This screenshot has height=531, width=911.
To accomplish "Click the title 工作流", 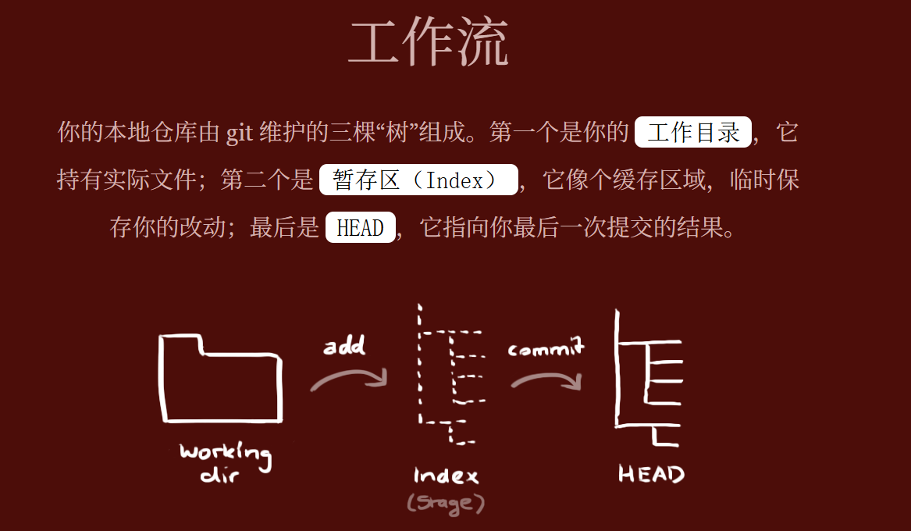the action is [428, 42].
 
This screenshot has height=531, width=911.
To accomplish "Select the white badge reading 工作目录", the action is [693, 132].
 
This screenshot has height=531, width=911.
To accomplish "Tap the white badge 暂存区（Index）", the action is [418, 180].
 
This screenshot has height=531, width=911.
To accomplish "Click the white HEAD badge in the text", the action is [360, 227].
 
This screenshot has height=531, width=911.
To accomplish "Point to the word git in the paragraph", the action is [240, 133].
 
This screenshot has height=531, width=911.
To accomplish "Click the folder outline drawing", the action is [219, 380].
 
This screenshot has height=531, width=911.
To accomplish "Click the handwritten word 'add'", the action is [343, 345].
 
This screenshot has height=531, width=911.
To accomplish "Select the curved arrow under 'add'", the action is [348, 380].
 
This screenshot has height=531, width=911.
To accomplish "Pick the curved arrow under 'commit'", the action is [546, 380].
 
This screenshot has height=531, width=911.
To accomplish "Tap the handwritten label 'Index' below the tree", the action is [446, 475].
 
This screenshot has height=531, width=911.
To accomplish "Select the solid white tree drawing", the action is [648, 378].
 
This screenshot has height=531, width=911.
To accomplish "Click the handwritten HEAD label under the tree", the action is [651, 473].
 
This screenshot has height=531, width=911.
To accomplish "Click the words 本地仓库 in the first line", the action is [140, 133].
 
